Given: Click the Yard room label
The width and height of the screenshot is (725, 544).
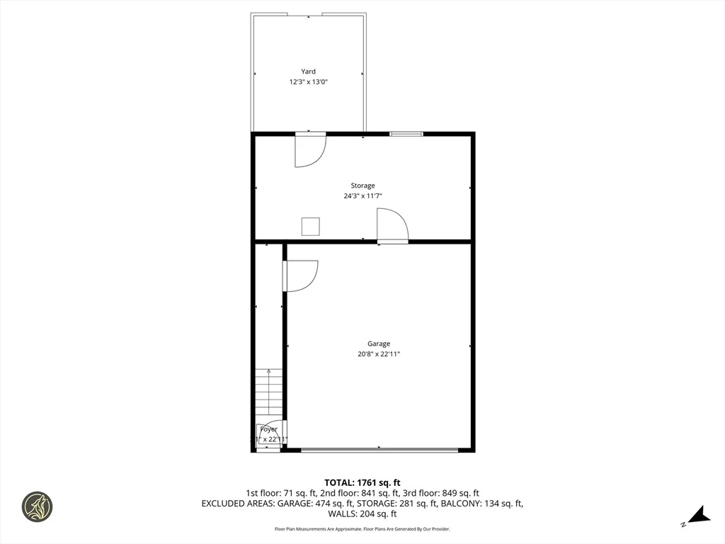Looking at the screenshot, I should pos(308,72).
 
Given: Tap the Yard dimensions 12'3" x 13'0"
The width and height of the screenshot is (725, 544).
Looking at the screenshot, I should pos(308,82).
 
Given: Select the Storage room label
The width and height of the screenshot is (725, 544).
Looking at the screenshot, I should pos(362,186).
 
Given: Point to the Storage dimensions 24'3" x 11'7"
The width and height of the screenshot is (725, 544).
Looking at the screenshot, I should pos(362,196).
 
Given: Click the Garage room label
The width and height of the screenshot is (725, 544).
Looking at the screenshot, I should pos(379,344).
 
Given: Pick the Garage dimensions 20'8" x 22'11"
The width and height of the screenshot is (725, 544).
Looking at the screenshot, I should pos(379,354).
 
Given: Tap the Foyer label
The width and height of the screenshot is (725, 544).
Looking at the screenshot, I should pos(268,429).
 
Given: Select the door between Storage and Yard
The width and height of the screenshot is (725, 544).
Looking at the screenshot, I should pos(309,149).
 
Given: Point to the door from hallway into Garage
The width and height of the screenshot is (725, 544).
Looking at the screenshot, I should pos(299,276).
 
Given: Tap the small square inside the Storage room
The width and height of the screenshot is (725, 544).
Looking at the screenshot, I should pos(311,226).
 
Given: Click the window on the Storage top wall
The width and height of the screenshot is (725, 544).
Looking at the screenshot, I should pos(406,133).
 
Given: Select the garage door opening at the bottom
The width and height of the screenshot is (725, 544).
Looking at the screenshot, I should pos(379,449).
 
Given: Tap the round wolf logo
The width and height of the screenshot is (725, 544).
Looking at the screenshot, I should pos(37,507).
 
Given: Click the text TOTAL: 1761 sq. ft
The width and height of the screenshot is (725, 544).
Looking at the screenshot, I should pos(362,482).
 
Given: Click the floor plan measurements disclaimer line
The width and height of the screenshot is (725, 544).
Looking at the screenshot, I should pos(362,529).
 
